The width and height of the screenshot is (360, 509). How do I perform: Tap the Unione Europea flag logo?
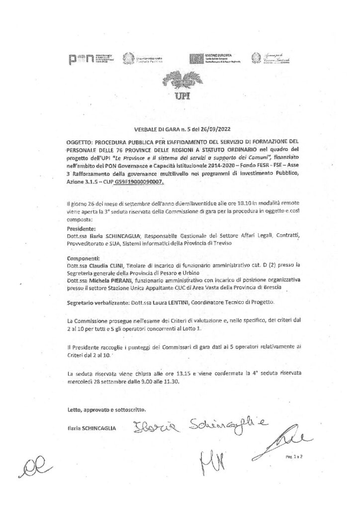point(195,58)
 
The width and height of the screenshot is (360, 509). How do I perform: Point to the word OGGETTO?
point(80,141)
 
